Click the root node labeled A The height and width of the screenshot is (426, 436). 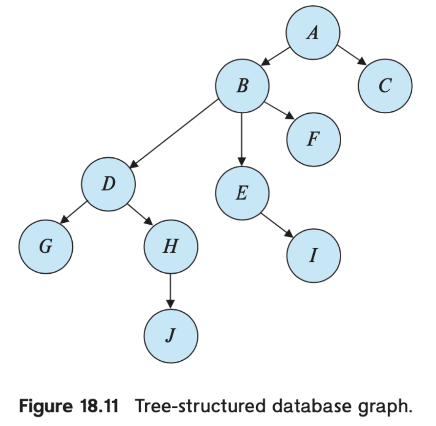click(x=313, y=32)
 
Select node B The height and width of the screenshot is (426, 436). click(x=242, y=86)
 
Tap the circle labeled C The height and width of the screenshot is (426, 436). click(x=385, y=86)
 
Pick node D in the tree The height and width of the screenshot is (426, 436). click(x=109, y=184)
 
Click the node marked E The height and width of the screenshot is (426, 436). click(x=242, y=193)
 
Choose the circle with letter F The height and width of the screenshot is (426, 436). click(x=313, y=140)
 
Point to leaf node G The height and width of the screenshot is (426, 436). click(x=46, y=247)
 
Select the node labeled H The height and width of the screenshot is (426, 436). click(x=171, y=246)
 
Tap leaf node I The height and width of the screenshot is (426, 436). click(x=313, y=256)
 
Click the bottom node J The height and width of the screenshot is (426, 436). click(x=171, y=336)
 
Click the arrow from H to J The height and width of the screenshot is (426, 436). click(x=170, y=291)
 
